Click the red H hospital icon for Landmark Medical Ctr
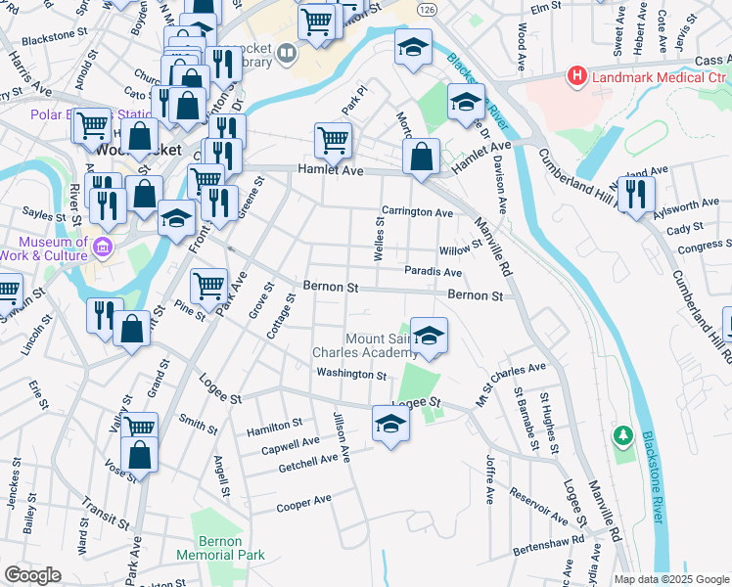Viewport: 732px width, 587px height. click(x=577, y=75)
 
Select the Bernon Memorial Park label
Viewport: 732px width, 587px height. click(x=220, y=548)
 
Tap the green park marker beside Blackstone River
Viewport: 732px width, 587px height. click(x=621, y=433)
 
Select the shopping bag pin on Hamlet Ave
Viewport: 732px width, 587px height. click(x=421, y=156)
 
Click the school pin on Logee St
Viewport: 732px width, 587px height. click(x=390, y=424)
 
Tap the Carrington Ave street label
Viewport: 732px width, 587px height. click(x=417, y=212)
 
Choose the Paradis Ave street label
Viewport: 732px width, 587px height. click(x=433, y=272)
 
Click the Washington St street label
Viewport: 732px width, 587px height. click(x=351, y=374)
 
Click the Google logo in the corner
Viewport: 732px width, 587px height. click(x=32, y=575)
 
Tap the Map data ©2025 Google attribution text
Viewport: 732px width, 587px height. click(x=671, y=579)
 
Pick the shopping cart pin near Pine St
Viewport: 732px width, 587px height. click(x=209, y=287)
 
